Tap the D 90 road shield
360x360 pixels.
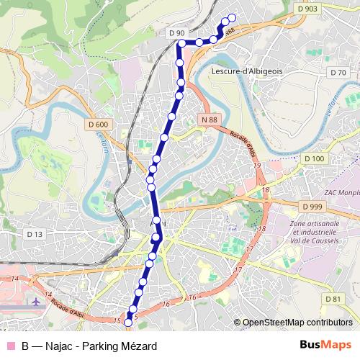coord(176,33)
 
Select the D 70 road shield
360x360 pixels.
coord(336,73)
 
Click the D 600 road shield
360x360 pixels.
coord(100,125)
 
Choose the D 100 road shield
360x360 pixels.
coord(315,158)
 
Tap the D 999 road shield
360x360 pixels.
coord(312,207)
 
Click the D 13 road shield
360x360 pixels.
coord(35,234)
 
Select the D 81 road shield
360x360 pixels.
coord(332,299)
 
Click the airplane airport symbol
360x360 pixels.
coord(35,300)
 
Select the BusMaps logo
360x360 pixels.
coord(325,346)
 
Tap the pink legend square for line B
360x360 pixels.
coord(10,346)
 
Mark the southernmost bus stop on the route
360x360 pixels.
coord(129,323)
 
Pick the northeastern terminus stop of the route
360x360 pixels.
coord(232,19)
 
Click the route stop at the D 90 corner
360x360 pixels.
coord(181,44)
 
